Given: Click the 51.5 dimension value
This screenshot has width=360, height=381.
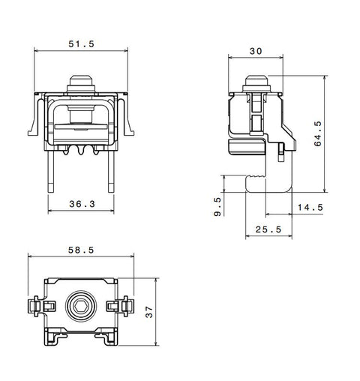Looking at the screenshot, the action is (82, 44).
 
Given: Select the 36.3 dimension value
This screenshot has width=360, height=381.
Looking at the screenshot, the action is (82, 204).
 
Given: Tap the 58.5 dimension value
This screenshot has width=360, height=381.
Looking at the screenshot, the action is (81, 250).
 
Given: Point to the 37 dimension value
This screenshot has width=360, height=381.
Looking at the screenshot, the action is (149, 312).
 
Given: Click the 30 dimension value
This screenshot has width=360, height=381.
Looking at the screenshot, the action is (256, 51).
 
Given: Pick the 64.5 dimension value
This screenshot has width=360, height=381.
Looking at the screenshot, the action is (318, 133).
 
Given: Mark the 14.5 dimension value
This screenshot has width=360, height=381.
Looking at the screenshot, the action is (310, 207).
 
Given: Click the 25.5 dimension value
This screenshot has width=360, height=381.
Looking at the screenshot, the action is (268, 229).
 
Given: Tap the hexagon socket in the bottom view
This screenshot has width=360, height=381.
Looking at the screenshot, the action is (81, 305).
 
